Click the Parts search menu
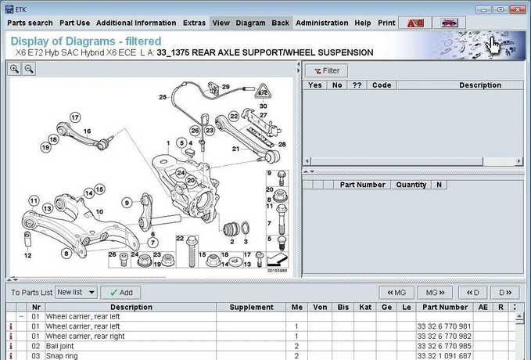30,23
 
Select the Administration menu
321,23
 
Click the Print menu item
386,23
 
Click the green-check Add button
120,292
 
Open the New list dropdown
77,292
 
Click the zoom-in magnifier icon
15,69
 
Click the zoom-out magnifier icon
29,69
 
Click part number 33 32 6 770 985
443,345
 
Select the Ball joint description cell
63,345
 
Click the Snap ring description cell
63,355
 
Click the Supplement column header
251,308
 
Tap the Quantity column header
411,185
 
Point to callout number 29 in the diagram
226,87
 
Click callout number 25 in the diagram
163,97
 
